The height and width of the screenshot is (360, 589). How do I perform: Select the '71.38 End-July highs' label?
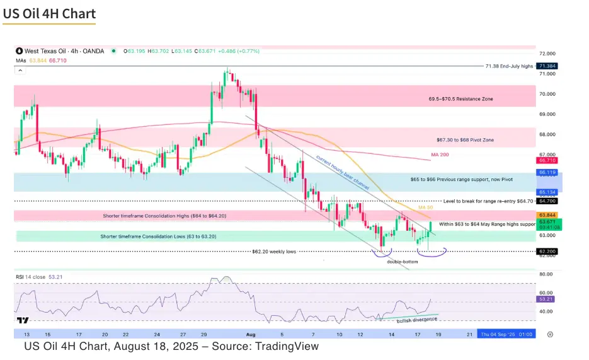point(510,66)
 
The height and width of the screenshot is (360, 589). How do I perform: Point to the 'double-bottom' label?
point(402,261)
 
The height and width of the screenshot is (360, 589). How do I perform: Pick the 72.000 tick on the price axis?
point(547,54)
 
